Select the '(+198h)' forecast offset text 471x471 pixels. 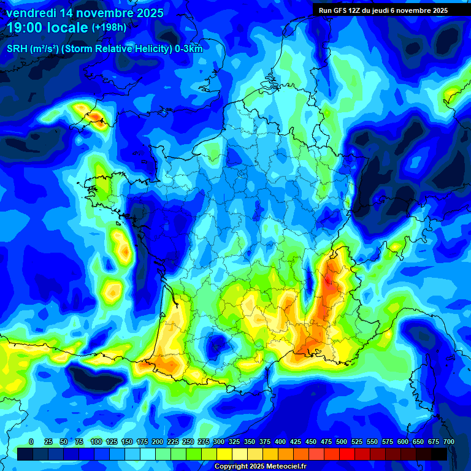pyautogui.click(x=109, y=28)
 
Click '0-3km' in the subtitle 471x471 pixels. pyautogui.click(x=190, y=49)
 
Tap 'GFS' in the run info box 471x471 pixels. pyautogui.click(x=340, y=10)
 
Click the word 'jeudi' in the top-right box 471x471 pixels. pyautogui.click(x=382, y=10)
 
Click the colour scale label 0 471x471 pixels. pyautogui.click(x=31, y=442)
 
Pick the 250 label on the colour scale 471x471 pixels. pyautogui.click(x=188, y=442)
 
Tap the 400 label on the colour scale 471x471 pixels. pyautogui.click(x=280, y=442)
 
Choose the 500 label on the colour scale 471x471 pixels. pyautogui.click(x=342, y=442)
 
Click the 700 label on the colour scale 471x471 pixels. pyautogui.click(x=448, y=442)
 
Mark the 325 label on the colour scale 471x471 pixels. pyautogui.click(x=234, y=442)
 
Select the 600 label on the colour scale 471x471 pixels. pyautogui.click(x=403, y=442)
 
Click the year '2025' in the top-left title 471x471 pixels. pyautogui.click(x=150, y=13)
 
